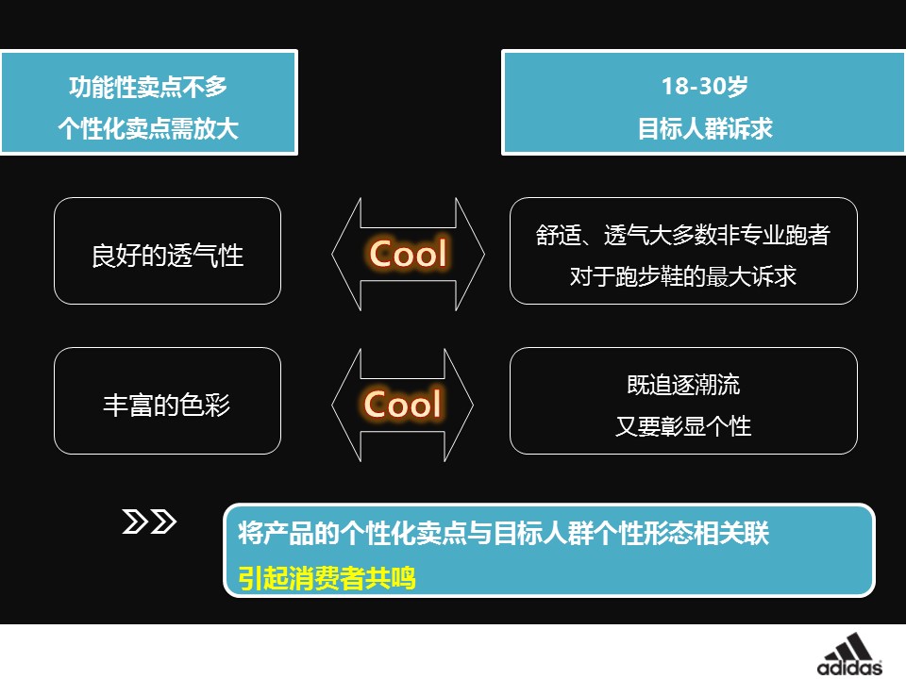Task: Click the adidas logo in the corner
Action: (850, 654)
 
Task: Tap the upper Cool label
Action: (408, 254)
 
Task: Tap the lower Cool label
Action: (403, 405)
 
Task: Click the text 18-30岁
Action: (704, 87)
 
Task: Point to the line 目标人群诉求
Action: (704, 128)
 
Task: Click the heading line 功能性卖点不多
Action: (148, 87)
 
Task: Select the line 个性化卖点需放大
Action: (148, 128)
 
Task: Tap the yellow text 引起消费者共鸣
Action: (327, 577)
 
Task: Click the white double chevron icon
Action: (150, 522)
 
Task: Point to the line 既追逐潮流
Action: (683, 385)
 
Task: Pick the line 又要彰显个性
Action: (683, 426)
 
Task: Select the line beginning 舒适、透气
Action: (683, 235)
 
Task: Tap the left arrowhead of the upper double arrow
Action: (345, 254)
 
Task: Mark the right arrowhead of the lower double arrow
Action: (460, 405)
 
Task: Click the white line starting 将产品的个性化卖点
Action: (504, 534)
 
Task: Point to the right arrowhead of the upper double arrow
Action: (471, 254)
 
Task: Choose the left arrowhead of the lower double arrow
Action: (345, 405)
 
